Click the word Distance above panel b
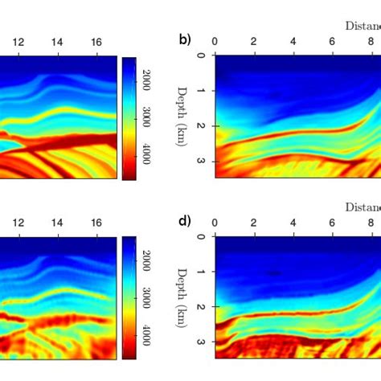pyautogui.click(x=363, y=25)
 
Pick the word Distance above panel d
pyautogui.click(x=363, y=206)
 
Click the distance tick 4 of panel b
pyautogui.click(x=293, y=41)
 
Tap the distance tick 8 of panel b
pyautogui.click(x=372, y=41)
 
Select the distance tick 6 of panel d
pyautogui.click(x=333, y=222)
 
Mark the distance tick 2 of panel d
pyautogui.click(x=254, y=222)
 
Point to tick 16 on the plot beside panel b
pyautogui.click(x=96, y=41)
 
